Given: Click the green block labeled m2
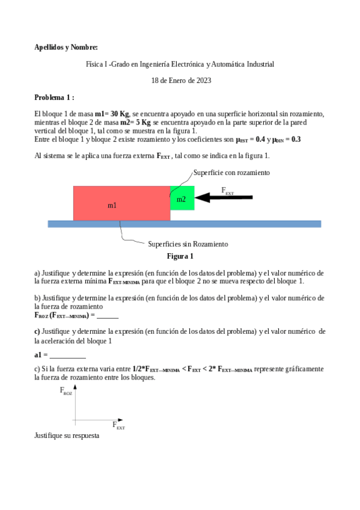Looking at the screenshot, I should (x=182, y=198).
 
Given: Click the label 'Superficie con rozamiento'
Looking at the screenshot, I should (x=231, y=173).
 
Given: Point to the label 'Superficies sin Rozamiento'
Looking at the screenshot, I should (x=188, y=244).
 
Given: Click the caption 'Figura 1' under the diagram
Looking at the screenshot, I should (x=180, y=256).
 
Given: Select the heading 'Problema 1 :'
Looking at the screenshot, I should (x=54, y=97).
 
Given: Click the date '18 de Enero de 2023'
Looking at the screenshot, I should (x=181, y=80).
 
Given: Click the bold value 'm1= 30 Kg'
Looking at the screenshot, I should (x=112, y=114).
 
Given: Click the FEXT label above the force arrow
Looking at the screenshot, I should (x=228, y=191).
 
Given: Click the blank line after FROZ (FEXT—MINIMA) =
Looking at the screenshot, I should (x=108, y=315).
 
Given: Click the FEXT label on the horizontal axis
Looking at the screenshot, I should (x=118, y=426).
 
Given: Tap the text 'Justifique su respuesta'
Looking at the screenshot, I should (x=67, y=435).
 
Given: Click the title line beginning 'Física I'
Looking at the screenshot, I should (x=180, y=64).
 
